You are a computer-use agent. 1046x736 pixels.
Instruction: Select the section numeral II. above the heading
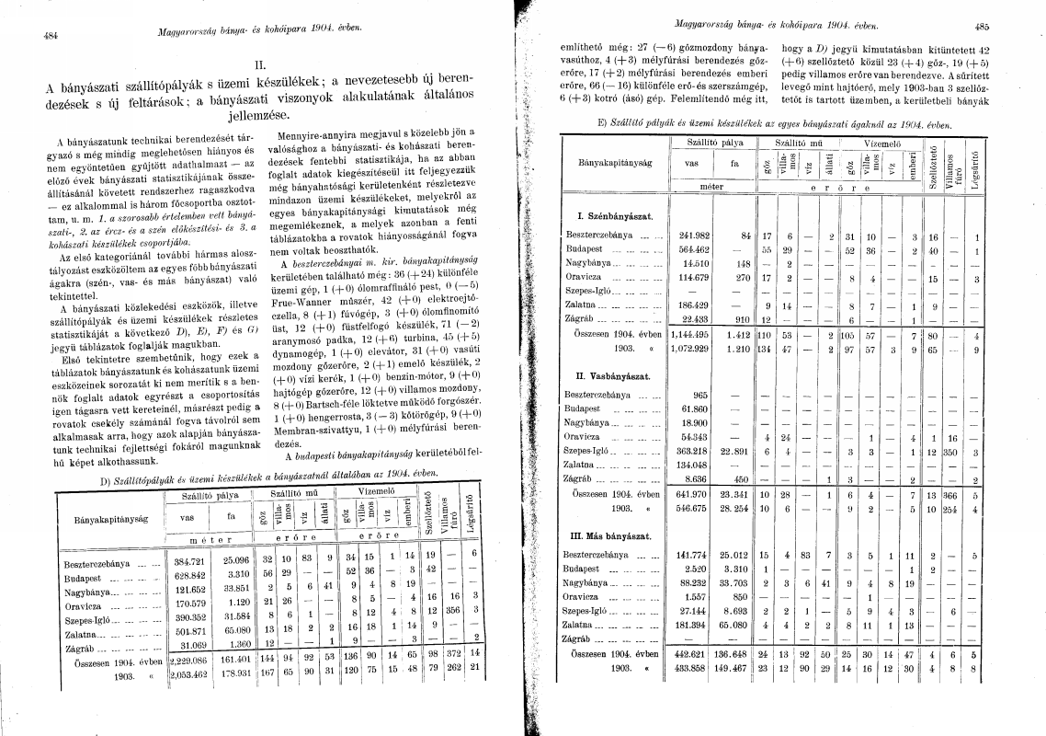[x=259, y=65]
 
